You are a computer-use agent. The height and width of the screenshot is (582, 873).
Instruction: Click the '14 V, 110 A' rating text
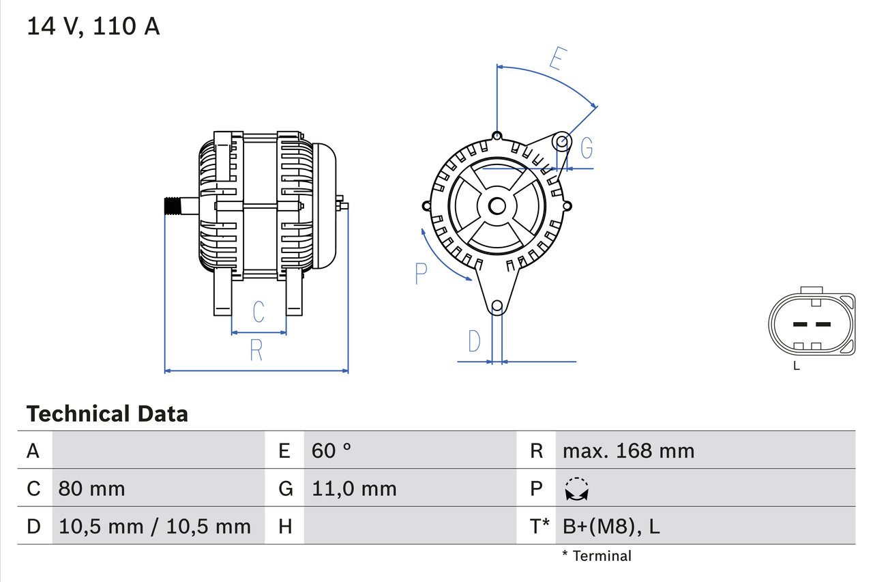click(x=93, y=27)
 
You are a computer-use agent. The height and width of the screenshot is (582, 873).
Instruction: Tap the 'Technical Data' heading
click(x=107, y=413)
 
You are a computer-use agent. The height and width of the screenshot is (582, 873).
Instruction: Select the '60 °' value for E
click(x=331, y=450)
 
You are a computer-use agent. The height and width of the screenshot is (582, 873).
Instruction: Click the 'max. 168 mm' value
click(x=628, y=450)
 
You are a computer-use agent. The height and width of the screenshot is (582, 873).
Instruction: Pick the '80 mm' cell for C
click(x=91, y=489)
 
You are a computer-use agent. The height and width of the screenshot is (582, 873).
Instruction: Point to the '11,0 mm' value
click(x=354, y=489)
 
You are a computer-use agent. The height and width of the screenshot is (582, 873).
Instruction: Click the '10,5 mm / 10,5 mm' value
click(x=155, y=526)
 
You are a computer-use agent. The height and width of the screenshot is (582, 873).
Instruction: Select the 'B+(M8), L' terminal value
click(x=611, y=526)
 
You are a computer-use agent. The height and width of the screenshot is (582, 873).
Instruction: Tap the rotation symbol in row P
click(x=577, y=489)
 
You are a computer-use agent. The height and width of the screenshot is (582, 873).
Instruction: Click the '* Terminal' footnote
click(x=597, y=555)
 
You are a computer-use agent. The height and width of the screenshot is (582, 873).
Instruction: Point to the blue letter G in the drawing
click(x=586, y=147)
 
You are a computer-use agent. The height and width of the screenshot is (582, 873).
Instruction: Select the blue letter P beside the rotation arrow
click(x=421, y=274)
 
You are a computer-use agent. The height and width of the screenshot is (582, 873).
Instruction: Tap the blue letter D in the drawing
click(x=474, y=341)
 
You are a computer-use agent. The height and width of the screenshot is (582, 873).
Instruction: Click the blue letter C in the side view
click(x=258, y=312)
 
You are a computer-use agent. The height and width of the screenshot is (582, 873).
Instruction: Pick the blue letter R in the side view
click(x=256, y=350)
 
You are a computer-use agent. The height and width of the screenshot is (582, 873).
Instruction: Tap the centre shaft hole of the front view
click(x=497, y=205)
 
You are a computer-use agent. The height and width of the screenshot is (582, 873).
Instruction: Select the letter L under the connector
click(x=797, y=366)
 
